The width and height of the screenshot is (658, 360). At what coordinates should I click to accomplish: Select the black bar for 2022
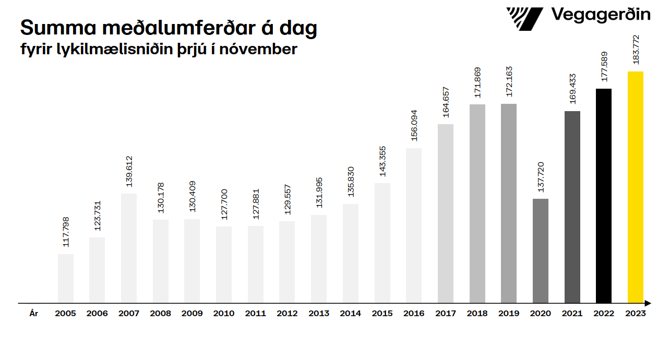click(x=603, y=196)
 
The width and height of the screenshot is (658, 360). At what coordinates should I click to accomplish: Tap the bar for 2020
click(x=540, y=250)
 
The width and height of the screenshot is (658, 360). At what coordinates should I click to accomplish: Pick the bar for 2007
click(x=128, y=248)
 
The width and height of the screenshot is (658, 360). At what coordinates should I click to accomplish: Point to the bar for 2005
click(x=65, y=278)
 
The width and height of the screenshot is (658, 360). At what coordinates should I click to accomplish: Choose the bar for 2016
click(x=413, y=225)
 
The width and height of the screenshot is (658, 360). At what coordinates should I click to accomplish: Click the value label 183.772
click(x=636, y=50)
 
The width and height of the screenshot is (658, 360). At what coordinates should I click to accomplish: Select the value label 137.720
click(x=541, y=176)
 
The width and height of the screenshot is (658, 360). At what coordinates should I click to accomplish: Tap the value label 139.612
click(x=129, y=171)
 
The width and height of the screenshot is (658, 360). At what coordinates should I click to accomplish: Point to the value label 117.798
click(x=66, y=232)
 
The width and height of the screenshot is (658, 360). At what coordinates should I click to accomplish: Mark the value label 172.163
click(x=509, y=81)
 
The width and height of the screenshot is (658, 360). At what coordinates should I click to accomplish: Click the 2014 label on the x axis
click(x=350, y=314)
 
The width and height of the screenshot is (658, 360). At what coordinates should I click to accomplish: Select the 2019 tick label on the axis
click(x=508, y=314)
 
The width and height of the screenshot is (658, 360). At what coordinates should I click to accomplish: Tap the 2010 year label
click(x=223, y=314)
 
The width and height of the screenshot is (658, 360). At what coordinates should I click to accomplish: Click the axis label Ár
click(x=34, y=314)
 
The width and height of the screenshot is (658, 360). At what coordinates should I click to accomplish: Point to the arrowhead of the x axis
click(x=648, y=303)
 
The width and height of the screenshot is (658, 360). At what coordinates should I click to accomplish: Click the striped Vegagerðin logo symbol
click(x=524, y=19)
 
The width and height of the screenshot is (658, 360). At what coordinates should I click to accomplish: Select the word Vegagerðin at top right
click(x=601, y=15)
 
